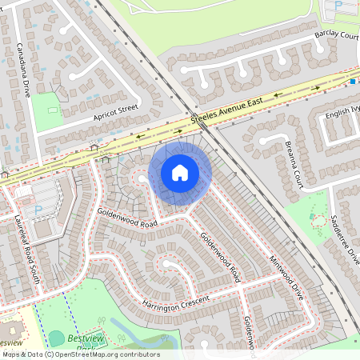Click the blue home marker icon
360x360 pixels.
(x=180, y=173)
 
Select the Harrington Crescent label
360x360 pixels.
(x=176, y=303)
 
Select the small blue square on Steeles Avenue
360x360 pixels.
(x=352, y=81)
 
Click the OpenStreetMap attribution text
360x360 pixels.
(x=80, y=354)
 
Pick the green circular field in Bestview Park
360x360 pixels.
(x=57, y=338)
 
